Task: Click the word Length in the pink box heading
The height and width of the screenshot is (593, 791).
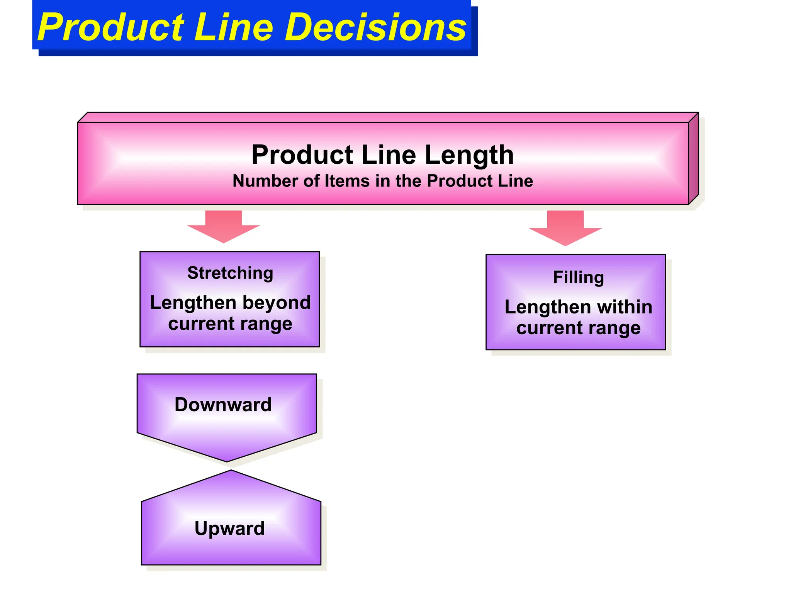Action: click(x=469, y=155)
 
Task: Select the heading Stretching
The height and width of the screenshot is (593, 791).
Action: click(x=230, y=273)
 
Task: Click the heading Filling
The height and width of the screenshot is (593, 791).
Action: click(x=578, y=278)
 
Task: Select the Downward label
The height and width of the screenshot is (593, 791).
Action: click(x=223, y=405)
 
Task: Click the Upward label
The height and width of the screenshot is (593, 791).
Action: click(x=229, y=528)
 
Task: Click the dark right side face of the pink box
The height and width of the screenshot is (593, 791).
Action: click(x=693, y=158)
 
